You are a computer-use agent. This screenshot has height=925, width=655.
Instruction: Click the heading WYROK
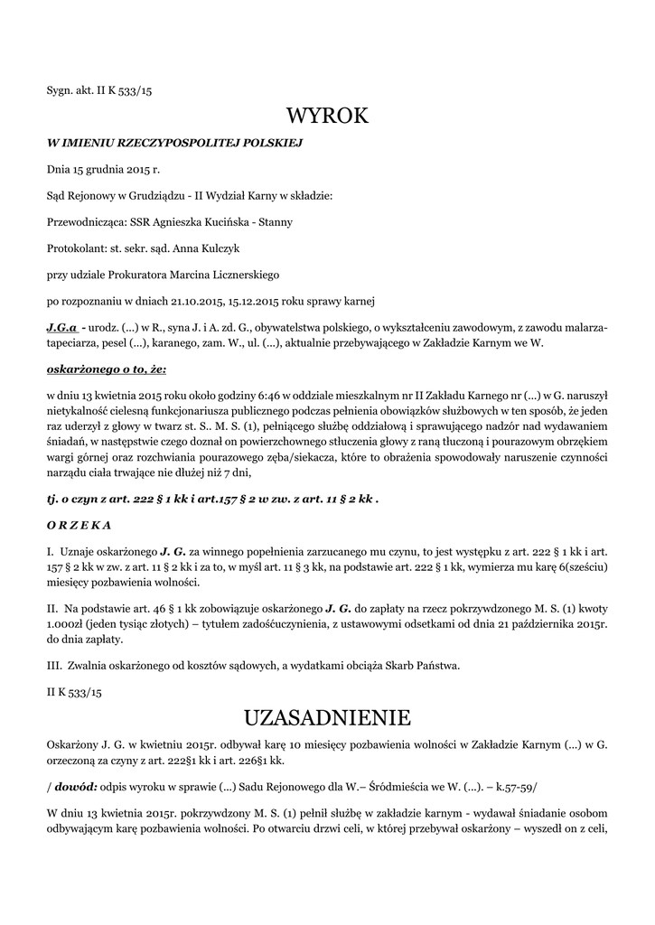[x=327, y=116]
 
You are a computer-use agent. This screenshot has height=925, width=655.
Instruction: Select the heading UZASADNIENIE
[x=327, y=718]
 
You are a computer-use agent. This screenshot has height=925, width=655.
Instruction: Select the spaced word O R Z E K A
[x=79, y=524]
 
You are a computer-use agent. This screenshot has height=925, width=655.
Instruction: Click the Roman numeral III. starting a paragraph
[x=53, y=667]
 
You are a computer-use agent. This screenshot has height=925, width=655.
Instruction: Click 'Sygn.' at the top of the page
[x=60, y=90]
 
